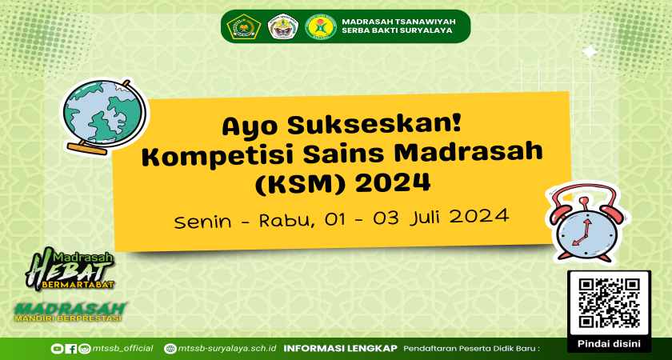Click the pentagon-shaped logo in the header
(x=244, y=26)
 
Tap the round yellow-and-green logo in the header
(x=321, y=27)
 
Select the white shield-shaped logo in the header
(x=283, y=27)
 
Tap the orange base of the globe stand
(x=88, y=149)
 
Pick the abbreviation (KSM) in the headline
(x=302, y=183)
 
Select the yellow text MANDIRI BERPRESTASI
(x=68, y=319)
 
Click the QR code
(x=609, y=303)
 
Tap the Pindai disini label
(x=609, y=344)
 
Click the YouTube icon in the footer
(x=57, y=349)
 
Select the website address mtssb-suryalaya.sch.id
(x=226, y=349)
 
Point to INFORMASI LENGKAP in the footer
(x=341, y=348)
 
